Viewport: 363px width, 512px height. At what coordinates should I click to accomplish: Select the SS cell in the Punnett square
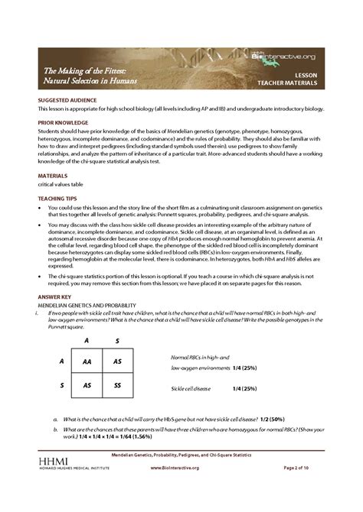click(117, 387)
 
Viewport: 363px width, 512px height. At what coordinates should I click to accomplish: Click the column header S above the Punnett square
click(117, 340)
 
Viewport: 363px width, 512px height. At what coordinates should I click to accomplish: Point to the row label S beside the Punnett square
click(61, 387)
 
